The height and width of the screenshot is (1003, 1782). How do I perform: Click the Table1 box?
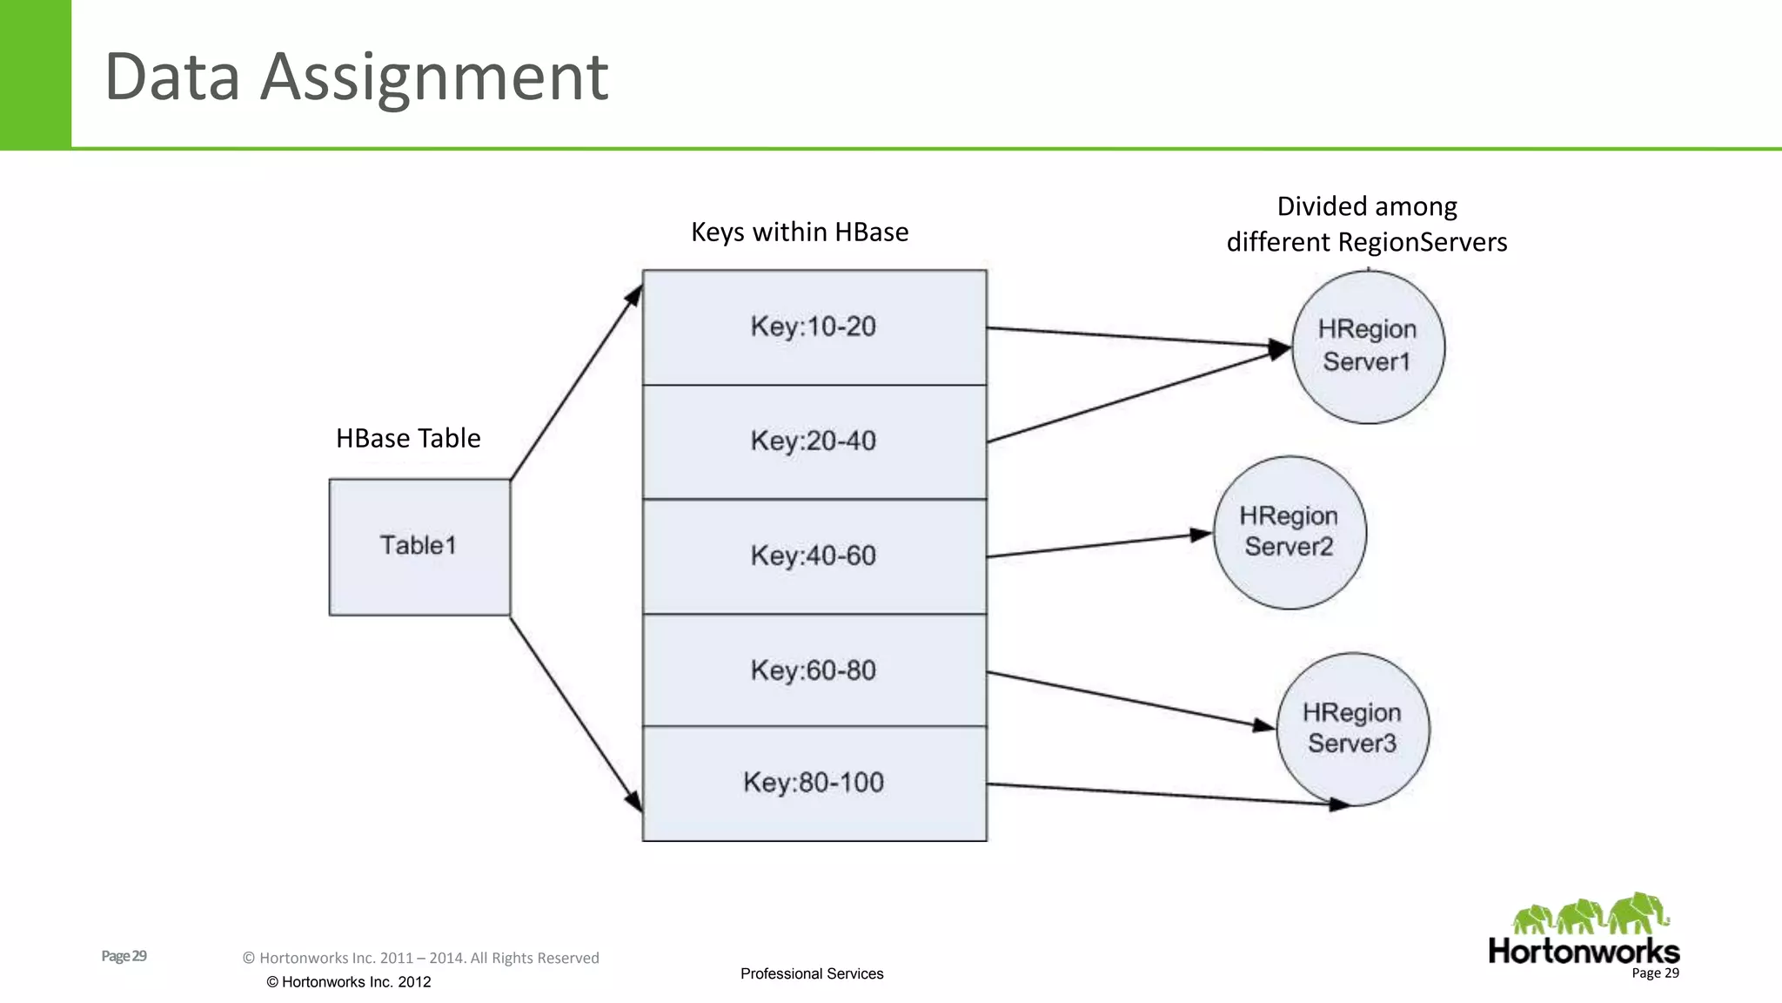[419, 547]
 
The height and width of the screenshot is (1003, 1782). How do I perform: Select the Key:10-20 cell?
[814, 327]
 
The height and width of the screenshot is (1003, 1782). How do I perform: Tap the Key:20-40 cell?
[814, 441]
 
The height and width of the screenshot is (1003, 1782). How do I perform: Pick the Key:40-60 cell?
[814, 556]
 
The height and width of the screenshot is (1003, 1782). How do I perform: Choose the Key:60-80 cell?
[814, 670]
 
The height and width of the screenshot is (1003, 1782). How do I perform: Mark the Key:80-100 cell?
[814, 783]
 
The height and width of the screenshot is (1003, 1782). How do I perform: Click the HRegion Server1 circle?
[1368, 347]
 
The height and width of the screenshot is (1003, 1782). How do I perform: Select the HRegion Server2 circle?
[1290, 532]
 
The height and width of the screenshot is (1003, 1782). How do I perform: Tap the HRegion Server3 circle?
[1352, 729]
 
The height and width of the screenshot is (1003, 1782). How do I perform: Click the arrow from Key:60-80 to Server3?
[1131, 699]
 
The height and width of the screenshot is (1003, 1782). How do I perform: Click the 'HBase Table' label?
[408, 438]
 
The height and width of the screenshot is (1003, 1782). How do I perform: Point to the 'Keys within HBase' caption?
[800, 232]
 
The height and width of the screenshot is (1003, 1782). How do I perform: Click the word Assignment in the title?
[434, 77]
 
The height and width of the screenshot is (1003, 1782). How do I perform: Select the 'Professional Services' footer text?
[812, 973]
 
